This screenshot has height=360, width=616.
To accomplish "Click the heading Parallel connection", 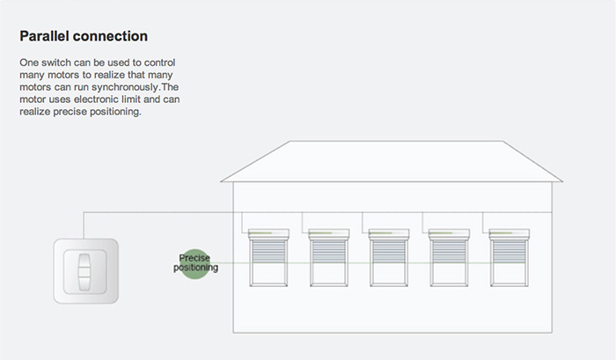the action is click(x=84, y=36).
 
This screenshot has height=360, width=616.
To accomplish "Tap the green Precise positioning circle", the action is click(x=194, y=264).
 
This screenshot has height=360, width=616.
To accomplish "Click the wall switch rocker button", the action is click(x=84, y=272).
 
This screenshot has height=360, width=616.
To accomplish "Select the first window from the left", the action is click(x=268, y=257).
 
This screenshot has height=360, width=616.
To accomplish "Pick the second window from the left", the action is click(x=329, y=257).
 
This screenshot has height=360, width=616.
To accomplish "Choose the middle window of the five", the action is click(x=389, y=257).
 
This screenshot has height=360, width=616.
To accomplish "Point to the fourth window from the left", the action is click(x=449, y=257).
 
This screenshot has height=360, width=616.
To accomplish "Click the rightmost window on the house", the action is click(x=510, y=257).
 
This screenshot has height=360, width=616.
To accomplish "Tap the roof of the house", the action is click(x=392, y=162).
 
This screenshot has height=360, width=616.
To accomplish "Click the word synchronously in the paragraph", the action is click(x=125, y=87).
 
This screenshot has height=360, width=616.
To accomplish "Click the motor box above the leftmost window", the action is click(x=268, y=234).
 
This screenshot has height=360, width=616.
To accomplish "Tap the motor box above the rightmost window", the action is click(x=510, y=234).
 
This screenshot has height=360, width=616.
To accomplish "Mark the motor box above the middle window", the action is click(x=389, y=234).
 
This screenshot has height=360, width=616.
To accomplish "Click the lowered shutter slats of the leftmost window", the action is click(x=268, y=252).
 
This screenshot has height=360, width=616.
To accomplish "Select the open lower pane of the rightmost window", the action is click(x=510, y=274).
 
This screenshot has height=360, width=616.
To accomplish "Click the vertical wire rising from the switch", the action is click(x=84, y=225).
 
